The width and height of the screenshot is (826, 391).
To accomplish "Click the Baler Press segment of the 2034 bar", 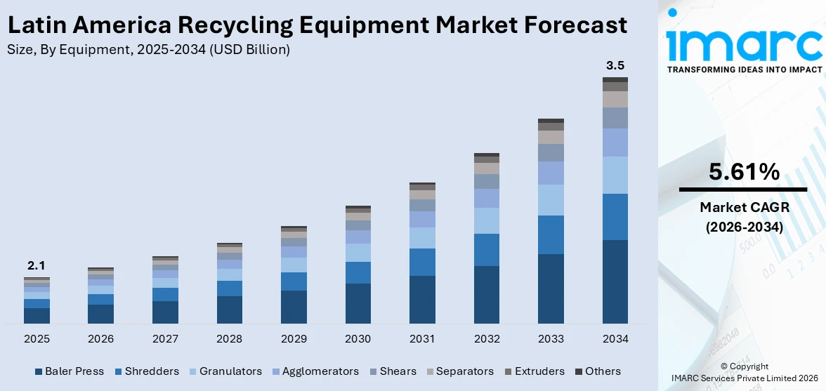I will (x=615, y=281).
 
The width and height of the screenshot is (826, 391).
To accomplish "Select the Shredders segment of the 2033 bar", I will (x=551, y=234).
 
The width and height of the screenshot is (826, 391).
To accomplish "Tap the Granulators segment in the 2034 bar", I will (x=615, y=175).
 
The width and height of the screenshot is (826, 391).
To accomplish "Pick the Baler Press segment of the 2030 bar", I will (x=358, y=303).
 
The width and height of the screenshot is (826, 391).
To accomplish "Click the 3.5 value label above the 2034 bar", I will (x=615, y=66).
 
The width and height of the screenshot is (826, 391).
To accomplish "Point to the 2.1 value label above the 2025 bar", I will (x=37, y=266).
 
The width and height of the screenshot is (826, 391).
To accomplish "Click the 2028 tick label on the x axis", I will (x=229, y=339).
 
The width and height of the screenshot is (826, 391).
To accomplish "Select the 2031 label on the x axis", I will (x=422, y=339).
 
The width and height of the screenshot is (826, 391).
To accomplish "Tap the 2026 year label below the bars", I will (x=100, y=339).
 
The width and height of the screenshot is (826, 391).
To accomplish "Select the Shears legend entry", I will (x=393, y=371).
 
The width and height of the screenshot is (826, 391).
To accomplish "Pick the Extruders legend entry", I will (x=533, y=371).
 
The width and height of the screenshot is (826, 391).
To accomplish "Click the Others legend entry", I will (x=598, y=371).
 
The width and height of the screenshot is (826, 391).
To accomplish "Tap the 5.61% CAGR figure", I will (x=744, y=172).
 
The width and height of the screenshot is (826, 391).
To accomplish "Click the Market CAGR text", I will (x=744, y=207).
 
